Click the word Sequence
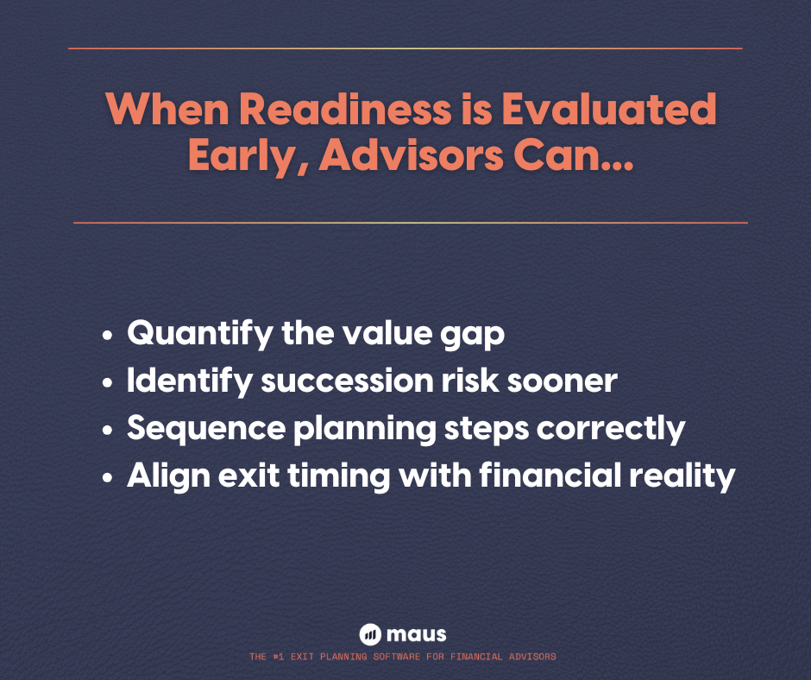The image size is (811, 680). click(204, 429)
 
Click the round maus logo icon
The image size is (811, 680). click(370, 634)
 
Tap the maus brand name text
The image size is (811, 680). click(418, 634)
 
